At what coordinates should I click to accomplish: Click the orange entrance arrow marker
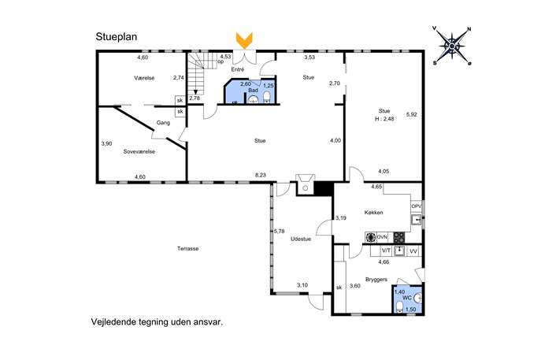coord(244,40)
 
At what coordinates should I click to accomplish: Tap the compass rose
coord(452,46)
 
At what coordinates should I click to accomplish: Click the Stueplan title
coord(117,37)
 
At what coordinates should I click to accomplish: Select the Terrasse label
coord(187,248)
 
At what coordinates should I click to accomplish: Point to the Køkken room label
coord(374,213)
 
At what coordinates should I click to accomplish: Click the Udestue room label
coord(301,239)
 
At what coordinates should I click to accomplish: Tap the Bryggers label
coord(376,280)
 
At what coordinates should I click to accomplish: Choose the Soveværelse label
coord(139,151)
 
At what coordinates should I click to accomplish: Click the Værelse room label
coord(144,78)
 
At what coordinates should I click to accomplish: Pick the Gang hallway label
coord(163,123)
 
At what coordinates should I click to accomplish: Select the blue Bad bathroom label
coord(253,91)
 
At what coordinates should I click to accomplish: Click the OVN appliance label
coord(382,237)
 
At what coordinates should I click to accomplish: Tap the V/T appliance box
coord(386,251)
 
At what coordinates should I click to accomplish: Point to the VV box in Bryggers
coord(413,251)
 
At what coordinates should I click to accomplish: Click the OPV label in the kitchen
coord(416,206)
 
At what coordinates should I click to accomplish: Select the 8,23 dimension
coord(261,176)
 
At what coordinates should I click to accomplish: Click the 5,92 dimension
coord(412,114)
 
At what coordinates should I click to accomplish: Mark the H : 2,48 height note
coord(384,119)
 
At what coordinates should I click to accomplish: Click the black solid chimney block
coord(324,189)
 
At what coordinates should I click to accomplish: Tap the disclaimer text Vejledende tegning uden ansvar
coord(157,322)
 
